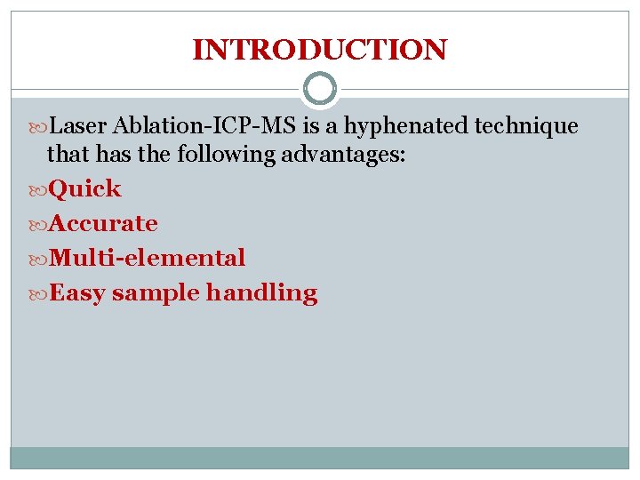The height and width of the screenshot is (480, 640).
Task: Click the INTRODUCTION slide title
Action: [319, 50]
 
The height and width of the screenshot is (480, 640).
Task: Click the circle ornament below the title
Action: [319, 89]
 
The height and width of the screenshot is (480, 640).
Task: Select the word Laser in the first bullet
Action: [80, 127]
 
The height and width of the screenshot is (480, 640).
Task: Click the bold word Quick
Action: [85, 189]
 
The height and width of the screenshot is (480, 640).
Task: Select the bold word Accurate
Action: [104, 224]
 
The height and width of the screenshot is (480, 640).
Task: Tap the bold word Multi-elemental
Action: [148, 259]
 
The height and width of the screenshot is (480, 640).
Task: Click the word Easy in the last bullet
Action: [78, 293]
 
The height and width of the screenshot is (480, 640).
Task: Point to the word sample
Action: [156, 293]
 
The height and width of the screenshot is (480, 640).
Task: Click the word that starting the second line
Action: [65, 155]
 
